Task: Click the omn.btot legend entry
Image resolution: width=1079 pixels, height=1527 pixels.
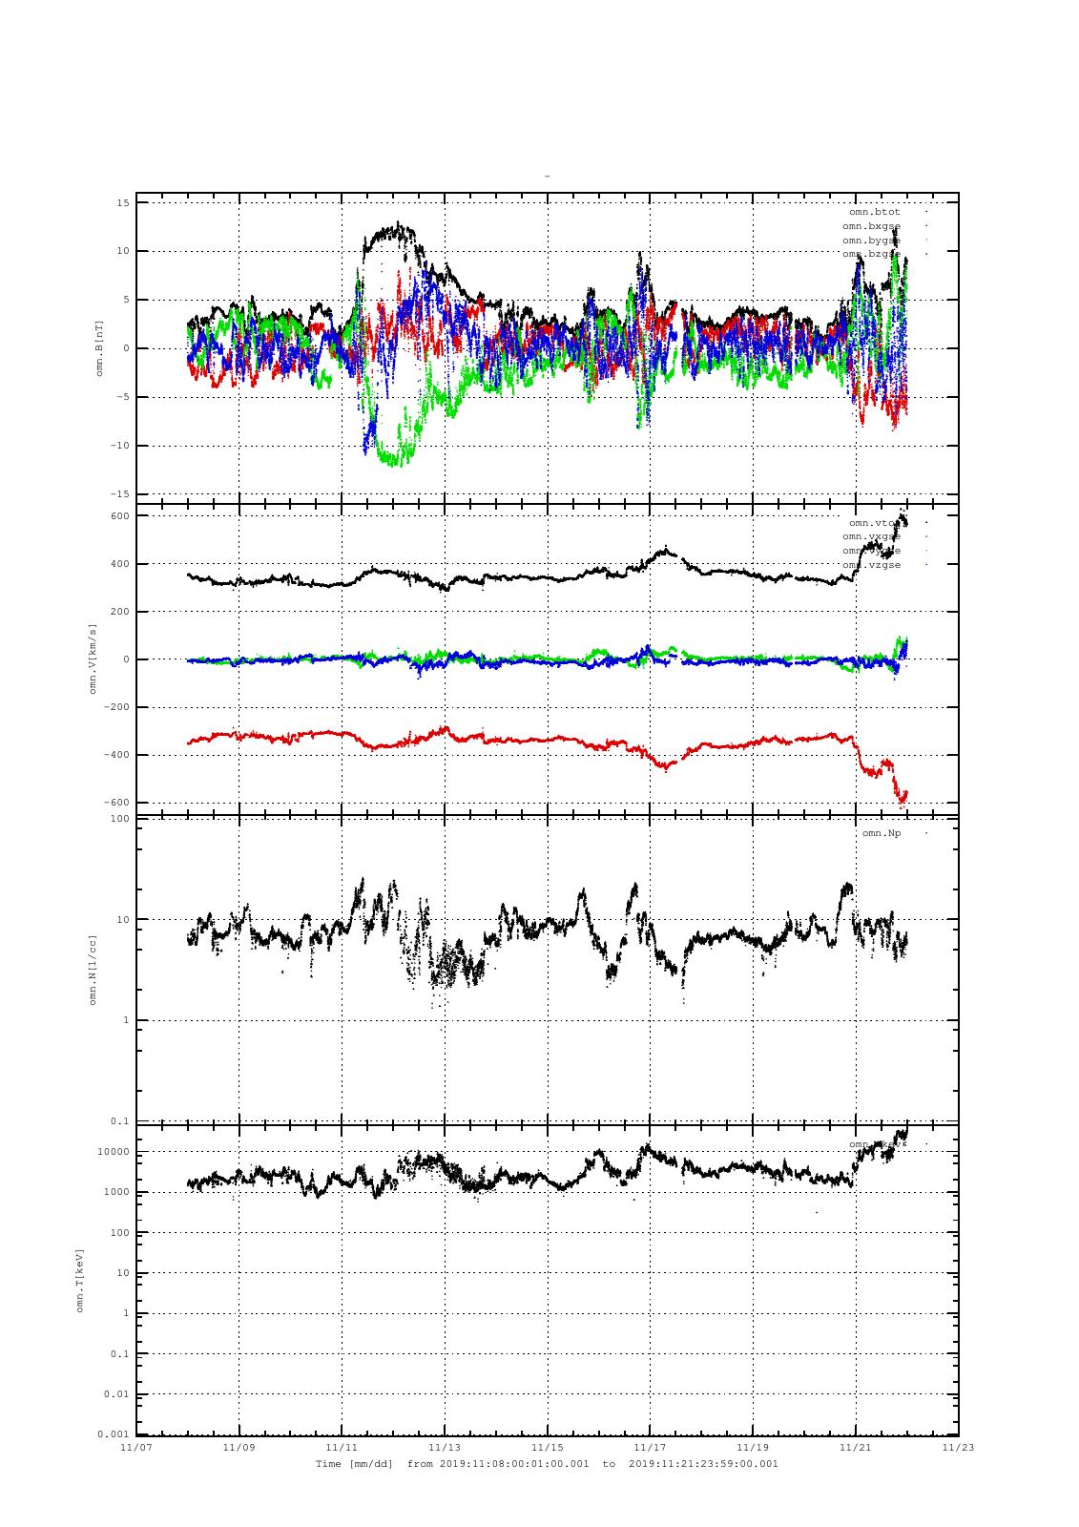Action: pyautogui.click(x=874, y=212)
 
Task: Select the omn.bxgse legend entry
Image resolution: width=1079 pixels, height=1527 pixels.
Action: pyautogui.click(x=871, y=226)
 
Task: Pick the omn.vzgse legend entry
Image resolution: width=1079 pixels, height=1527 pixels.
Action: pyautogui.click(x=871, y=565)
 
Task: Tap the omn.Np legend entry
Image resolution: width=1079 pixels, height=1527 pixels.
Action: pyautogui.click(x=881, y=833)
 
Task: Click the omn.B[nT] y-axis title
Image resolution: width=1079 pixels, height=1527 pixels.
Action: pyautogui.click(x=99, y=347)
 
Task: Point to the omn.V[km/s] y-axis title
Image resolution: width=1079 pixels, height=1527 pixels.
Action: pyautogui.click(x=93, y=659)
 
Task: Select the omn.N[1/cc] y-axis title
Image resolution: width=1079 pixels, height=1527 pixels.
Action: pyautogui.click(x=93, y=970)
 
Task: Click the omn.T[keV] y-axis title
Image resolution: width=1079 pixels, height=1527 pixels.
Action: pyautogui.click(x=80, y=1279)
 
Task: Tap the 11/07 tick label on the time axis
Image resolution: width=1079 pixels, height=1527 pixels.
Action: pyautogui.click(x=136, y=1447)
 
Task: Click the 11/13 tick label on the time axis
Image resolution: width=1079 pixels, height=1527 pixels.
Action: pyautogui.click(x=445, y=1447)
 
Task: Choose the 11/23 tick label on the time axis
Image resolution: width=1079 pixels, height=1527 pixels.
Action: pyautogui.click(x=959, y=1447)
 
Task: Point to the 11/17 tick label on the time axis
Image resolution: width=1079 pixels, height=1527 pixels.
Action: pyautogui.click(x=651, y=1447)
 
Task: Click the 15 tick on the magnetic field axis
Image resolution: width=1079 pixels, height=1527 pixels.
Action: pyautogui.click(x=123, y=203)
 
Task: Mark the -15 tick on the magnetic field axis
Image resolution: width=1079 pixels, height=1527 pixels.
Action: pyautogui.click(x=120, y=494)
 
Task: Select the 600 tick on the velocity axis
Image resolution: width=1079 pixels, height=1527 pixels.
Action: pyautogui.click(x=119, y=516)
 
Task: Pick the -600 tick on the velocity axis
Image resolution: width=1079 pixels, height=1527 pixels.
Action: pyautogui.click(x=116, y=803)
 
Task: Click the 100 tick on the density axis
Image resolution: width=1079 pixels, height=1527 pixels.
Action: pyautogui.click(x=119, y=819)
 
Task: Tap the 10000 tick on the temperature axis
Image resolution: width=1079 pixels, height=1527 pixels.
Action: pyautogui.click(x=114, y=1152)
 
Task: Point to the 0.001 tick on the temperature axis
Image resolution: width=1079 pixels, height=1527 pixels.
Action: pyautogui.click(x=114, y=1434)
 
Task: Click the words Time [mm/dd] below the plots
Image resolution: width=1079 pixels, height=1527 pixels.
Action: pyautogui.click(x=354, y=1463)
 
